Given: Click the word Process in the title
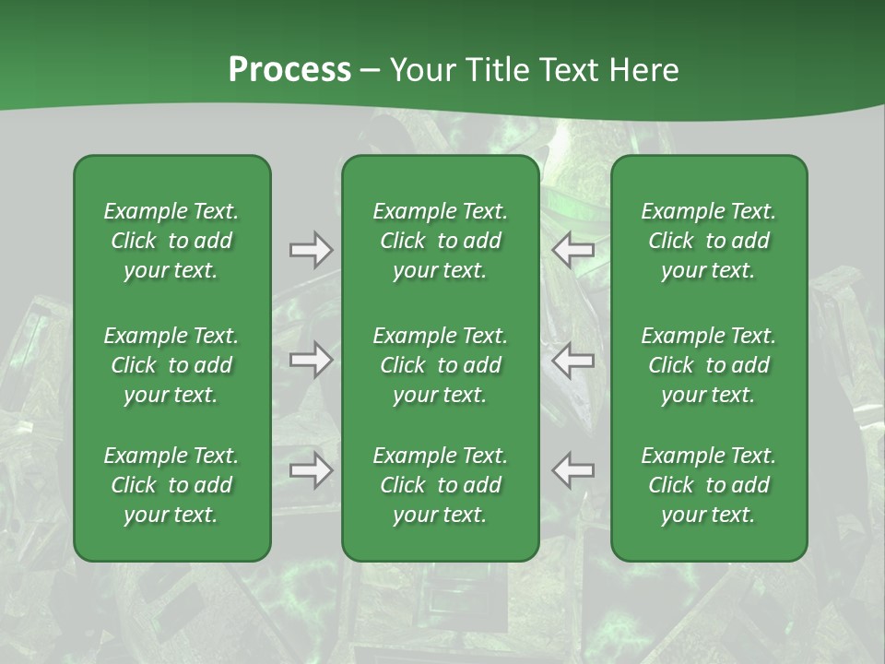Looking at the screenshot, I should click(x=289, y=70).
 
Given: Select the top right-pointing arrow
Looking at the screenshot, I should click(x=311, y=250).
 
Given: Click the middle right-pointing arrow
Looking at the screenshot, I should click(x=311, y=360).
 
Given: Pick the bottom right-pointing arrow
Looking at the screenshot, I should click(x=311, y=470).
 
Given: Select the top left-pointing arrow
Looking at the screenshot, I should click(x=572, y=250).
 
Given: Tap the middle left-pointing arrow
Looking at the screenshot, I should click(x=572, y=360).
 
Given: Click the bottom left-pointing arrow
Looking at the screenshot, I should click(x=572, y=470).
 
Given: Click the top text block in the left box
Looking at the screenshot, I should click(x=171, y=241).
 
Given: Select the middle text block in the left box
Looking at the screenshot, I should click(x=171, y=365).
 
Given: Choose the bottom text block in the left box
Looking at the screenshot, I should click(x=171, y=485).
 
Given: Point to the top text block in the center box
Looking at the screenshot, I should click(x=441, y=241).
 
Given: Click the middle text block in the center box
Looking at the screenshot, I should click(x=441, y=365).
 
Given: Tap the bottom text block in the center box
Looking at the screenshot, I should click(x=441, y=485).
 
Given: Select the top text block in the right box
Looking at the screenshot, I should click(x=709, y=241).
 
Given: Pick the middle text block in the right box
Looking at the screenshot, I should click(x=709, y=365).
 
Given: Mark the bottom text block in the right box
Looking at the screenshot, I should click(x=709, y=485).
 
